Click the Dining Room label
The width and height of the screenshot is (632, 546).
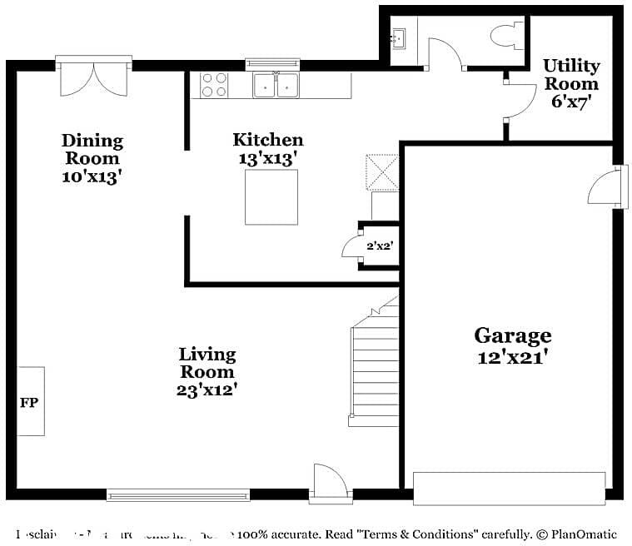coord(92,158)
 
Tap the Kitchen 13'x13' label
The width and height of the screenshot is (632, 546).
coord(267,149)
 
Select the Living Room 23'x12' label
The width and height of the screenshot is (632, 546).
coord(207,372)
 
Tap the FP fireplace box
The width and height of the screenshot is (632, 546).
coord(31,401)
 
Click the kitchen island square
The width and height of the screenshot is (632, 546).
coord(271,197)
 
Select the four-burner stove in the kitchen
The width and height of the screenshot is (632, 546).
coord(215,85)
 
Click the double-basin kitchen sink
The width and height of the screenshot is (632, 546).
coord(276,85)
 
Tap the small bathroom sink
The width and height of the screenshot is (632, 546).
coord(399,37)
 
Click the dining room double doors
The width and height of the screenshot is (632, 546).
coord(93,77)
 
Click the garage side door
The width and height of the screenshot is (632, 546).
coord(606,186)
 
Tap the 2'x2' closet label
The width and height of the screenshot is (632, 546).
coord(378,246)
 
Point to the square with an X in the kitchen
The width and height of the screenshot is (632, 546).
coord(382,171)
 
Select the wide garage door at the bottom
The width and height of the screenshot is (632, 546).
coord(509,489)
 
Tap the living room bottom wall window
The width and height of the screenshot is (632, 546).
coord(178,495)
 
